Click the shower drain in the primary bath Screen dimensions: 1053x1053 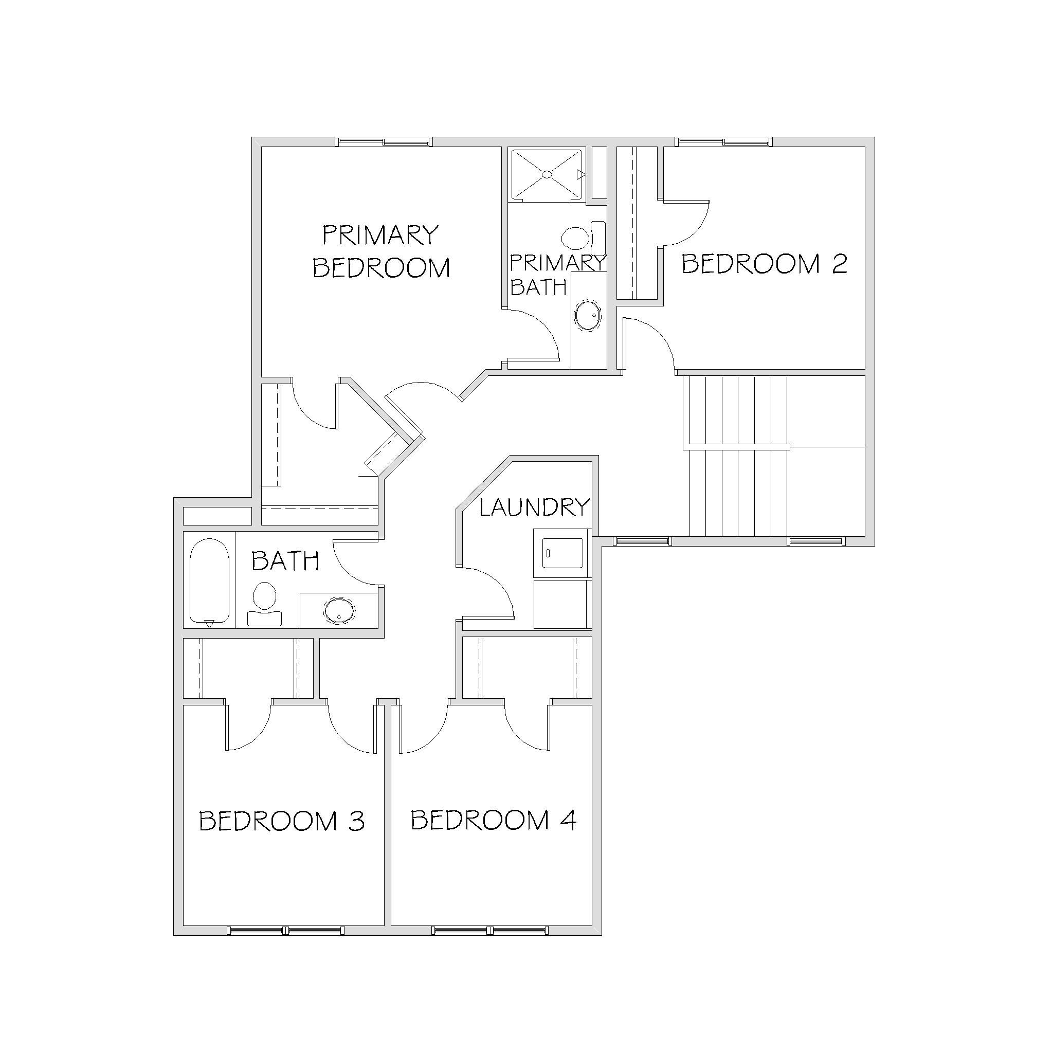click(547, 174)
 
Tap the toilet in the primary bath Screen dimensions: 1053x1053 click(583, 238)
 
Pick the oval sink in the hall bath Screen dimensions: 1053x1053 click(339, 610)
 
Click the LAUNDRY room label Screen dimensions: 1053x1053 click(535, 507)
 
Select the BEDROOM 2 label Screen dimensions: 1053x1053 click(765, 264)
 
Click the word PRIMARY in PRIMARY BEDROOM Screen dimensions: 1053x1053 click(380, 235)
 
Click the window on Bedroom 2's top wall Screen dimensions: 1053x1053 click(724, 142)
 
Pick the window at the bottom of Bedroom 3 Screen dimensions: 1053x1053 click(285, 930)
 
